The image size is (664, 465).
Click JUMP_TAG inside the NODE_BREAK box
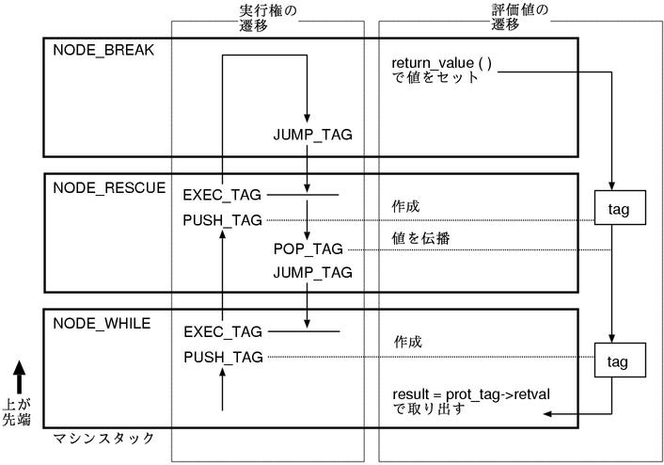coord(312,135)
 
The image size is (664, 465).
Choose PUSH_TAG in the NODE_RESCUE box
coord(223,220)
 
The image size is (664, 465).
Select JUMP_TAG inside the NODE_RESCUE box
coord(312,272)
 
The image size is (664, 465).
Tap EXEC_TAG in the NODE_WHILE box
coord(223,331)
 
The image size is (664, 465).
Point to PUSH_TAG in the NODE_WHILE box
coord(223,357)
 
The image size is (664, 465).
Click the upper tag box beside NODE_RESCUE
coord(618,209)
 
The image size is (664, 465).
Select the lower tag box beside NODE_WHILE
coord(618,361)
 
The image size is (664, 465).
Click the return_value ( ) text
coord(441,63)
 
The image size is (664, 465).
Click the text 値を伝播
coord(420,238)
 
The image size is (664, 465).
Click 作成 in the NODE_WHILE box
coord(407,342)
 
